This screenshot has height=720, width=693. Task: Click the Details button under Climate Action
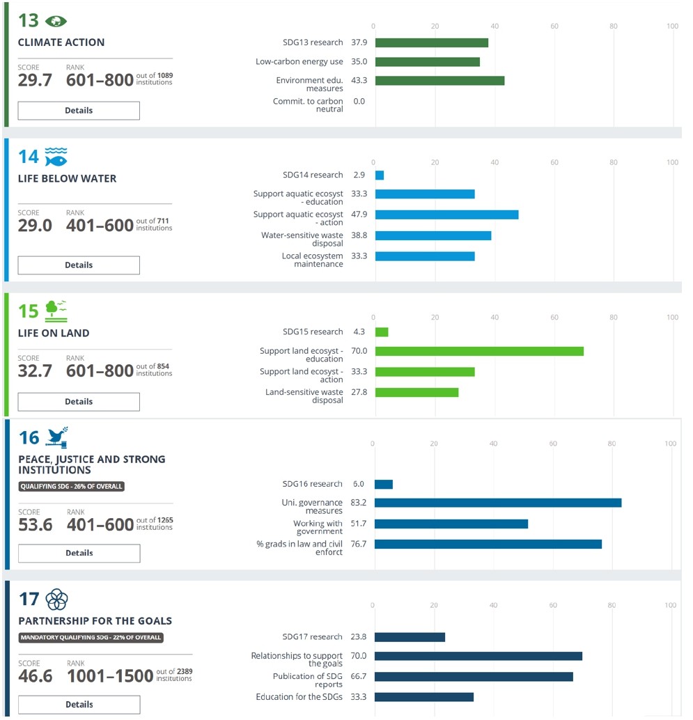tap(79, 111)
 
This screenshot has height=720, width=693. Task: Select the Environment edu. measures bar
tap(439, 81)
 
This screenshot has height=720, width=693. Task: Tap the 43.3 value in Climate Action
tap(359, 81)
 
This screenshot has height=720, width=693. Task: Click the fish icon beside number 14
tap(56, 157)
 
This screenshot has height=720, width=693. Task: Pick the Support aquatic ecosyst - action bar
tap(446, 214)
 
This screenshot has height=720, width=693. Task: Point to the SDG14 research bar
tap(380, 175)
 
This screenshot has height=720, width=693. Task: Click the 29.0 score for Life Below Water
tap(35, 226)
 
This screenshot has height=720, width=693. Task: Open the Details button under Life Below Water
tap(79, 265)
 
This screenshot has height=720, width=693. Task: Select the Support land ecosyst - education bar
tap(479, 351)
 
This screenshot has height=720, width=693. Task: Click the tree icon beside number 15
tap(56, 311)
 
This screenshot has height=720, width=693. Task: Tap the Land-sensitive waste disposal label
tap(304, 396)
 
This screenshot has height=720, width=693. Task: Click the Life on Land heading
tap(54, 333)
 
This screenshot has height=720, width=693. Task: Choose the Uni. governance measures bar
tap(498, 503)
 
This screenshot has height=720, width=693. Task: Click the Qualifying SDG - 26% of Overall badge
tap(71, 486)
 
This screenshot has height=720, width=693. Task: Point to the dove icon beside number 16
tap(56, 437)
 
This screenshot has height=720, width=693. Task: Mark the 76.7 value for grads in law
tap(359, 544)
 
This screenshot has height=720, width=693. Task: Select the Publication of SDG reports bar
tap(474, 677)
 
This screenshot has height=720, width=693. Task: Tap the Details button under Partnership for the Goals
tap(79, 705)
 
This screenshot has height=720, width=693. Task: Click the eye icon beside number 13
tap(56, 21)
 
